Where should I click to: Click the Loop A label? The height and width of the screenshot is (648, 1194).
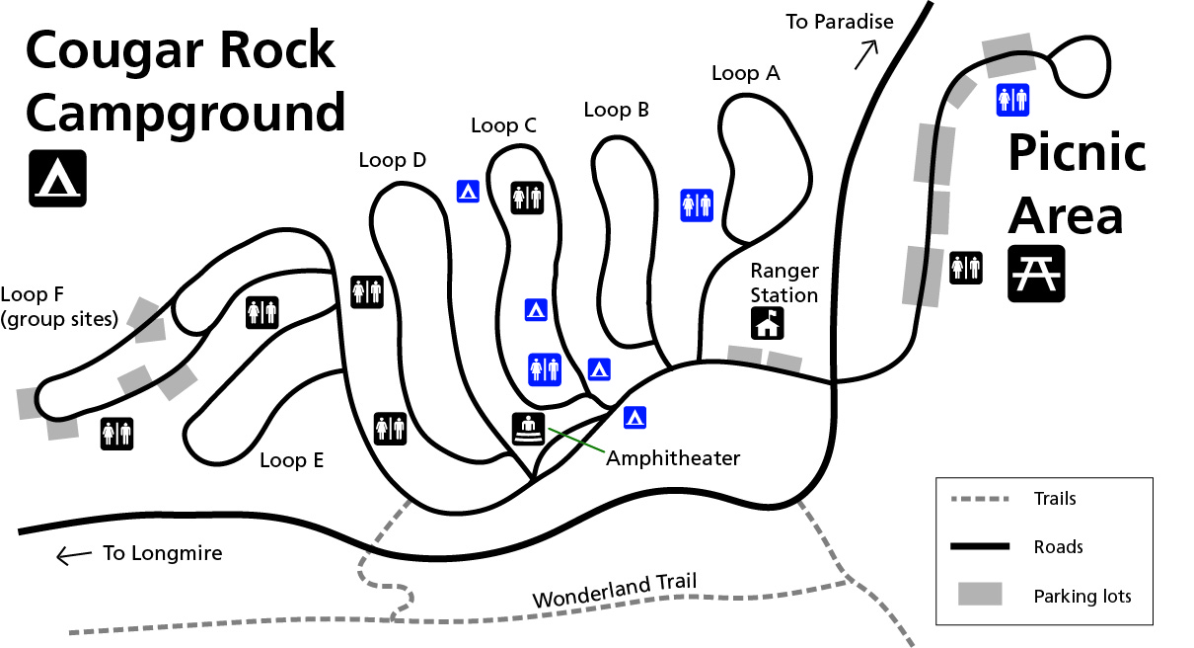pyautogui.click(x=746, y=73)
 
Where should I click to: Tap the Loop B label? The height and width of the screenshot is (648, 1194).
pyautogui.click(x=616, y=110)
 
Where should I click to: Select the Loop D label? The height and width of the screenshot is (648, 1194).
pyautogui.click(x=393, y=160)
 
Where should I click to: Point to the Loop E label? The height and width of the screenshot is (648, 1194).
pyautogui.click(x=291, y=460)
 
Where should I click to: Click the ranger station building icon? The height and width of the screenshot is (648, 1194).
pyautogui.click(x=768, y=323)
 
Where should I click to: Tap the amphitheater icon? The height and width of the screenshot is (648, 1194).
pyautogui.click(x=529, y=429)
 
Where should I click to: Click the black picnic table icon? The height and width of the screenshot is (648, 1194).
pyautogui.click(x=1036, y=274)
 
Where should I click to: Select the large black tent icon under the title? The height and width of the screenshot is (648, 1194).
pyautogui.click(x=57, y=178)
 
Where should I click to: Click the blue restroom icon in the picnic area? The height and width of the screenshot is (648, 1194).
pyautogui.click(x=1012, y=100)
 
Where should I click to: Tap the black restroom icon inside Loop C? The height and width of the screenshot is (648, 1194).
pyautogui.click(x=527, y=198)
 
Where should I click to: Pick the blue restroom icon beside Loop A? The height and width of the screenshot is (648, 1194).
pyautogui.click(x=697, y=204)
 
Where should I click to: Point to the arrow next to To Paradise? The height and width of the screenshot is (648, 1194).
pyautogui.click(x=866, y=55)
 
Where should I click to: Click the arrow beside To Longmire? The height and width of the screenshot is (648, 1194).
pyautogui.click(x=74, y=556)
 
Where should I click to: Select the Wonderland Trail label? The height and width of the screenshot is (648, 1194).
pyautogui.click(x=615, y=591)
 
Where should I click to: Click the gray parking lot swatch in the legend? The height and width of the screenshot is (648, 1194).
pyautogui.click(x=980, y=594)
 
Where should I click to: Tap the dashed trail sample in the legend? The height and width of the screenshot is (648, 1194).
pyautogui.click(x=980, y=499)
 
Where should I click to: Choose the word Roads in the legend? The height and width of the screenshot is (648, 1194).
pyautogui.click(x=1058, y=547)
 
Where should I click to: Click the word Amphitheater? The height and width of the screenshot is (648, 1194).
pyautogui.click(x=673, y=458)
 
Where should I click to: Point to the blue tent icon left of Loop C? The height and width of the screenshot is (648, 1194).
pyautogui.click(x=468, y=191)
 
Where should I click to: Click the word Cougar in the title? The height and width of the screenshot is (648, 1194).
pyautogui.click(x=114, y=51)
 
